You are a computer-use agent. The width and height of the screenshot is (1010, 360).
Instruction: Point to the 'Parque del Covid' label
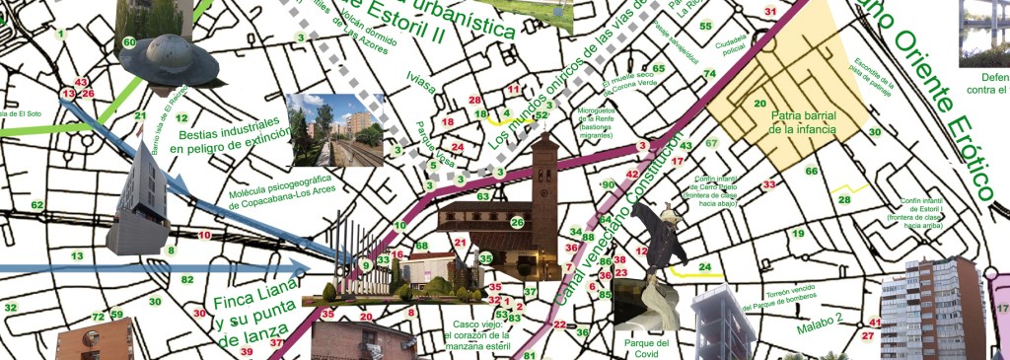click(x=647, y=348)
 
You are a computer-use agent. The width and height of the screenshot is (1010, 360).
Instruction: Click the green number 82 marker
click(x=186, y=280)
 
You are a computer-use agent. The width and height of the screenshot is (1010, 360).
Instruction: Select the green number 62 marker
click(x=36, y=205)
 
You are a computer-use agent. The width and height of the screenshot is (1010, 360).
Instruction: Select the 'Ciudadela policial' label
click(x=732, y=45)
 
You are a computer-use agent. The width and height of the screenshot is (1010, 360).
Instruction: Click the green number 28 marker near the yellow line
click(x=844, y=200)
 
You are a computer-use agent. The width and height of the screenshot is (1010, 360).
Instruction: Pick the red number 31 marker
click(x=770, y=11)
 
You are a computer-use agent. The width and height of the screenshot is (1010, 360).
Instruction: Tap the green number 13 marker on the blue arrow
click(x=77, y=256)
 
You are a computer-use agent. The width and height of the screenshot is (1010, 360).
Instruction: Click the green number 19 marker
click(x=799, y=233)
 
